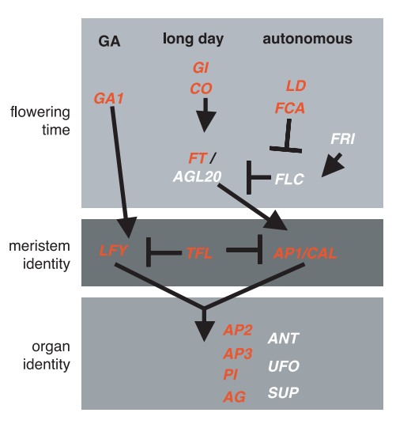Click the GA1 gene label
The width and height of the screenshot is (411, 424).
pos(108,98)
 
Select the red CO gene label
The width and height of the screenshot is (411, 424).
pos(201,89)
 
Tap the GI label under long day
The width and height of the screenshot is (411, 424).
pos(201,67)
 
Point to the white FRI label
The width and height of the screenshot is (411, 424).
pos(343,138)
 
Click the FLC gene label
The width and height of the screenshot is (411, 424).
pos(289,179)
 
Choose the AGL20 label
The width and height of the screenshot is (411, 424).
pos(198,176)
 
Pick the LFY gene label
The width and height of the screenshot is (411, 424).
pos(113,250)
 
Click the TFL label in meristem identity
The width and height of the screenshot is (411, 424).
pos(199,253)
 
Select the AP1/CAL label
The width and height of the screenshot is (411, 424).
pos(305,253)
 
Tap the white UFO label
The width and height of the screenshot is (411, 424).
pos(284,366)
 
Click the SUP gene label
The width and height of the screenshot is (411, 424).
pos(284,392)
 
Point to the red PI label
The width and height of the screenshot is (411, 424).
pos(231,375)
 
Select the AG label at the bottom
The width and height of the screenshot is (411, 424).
pos(234,397)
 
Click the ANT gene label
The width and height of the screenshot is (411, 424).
pos(284,339)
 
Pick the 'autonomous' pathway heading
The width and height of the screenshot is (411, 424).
pos(307,39)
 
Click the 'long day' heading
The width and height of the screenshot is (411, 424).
pos(193,40)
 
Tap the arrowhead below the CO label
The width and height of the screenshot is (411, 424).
pos(206,122)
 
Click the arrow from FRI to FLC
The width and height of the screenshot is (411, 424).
pos(333,165)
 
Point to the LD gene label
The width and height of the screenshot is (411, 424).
pos(296,85)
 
